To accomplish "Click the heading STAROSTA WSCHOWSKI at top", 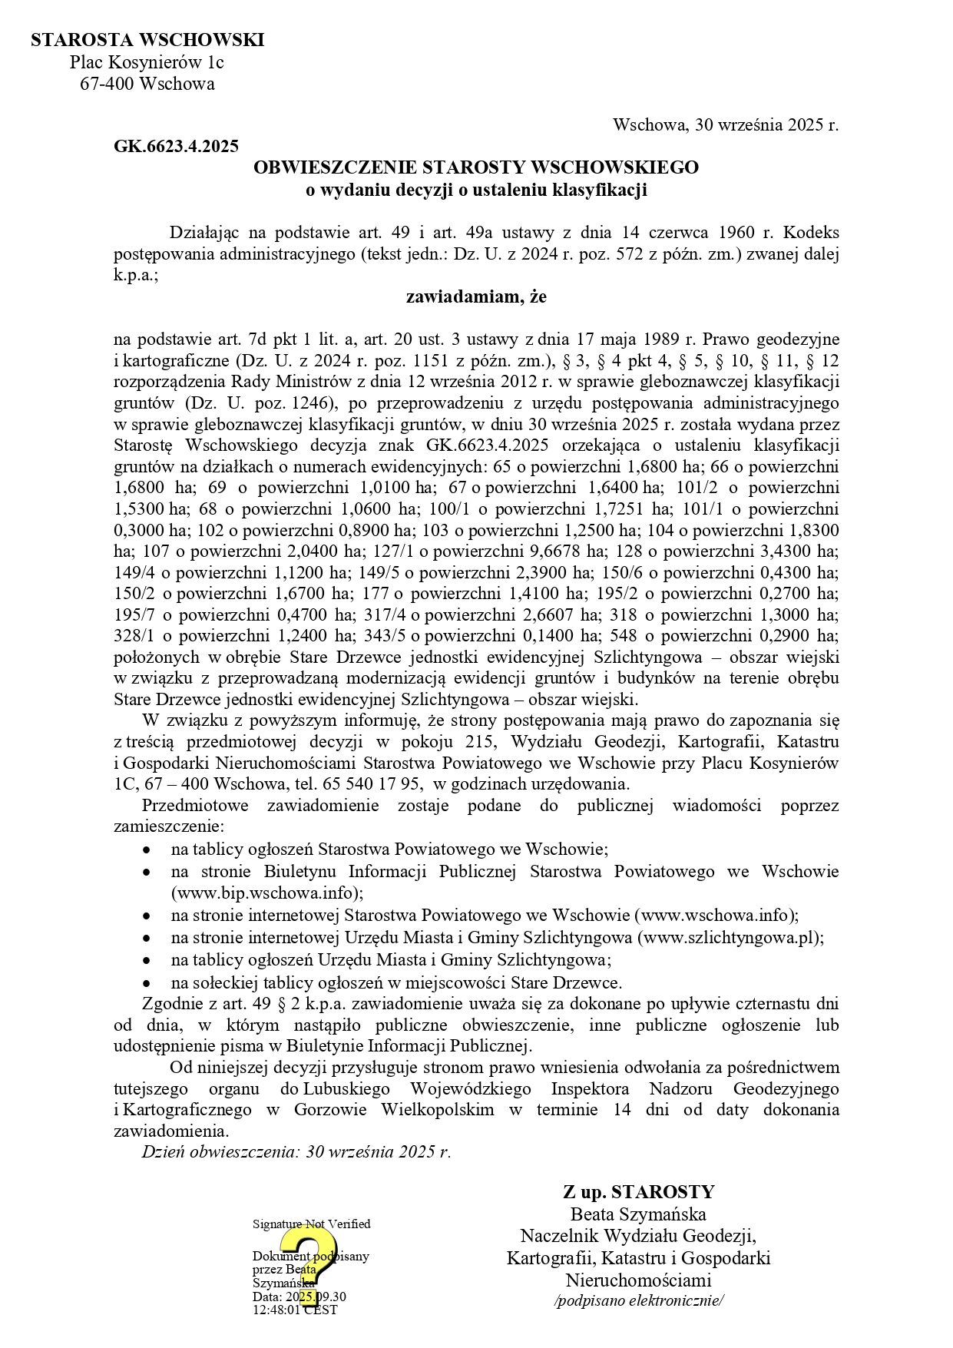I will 147,40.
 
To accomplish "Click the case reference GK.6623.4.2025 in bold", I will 176,146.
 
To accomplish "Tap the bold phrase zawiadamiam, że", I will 476,296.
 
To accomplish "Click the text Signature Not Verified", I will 311,1224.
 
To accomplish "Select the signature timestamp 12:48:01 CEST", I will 294,1310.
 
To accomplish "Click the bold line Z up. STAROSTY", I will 638,1191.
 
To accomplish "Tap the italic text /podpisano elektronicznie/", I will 639,1300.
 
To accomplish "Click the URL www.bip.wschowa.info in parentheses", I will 266,893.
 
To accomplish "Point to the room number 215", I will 479,742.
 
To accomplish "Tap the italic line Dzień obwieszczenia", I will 296,1151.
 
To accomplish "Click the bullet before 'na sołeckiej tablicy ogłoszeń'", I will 147,983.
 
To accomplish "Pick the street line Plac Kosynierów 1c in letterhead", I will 147,62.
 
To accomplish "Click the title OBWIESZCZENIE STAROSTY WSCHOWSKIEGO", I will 476,167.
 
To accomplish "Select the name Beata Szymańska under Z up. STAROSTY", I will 638,1214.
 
